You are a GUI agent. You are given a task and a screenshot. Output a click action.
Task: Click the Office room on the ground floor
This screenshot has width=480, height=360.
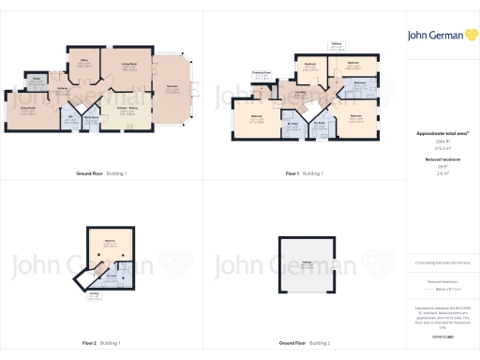83,65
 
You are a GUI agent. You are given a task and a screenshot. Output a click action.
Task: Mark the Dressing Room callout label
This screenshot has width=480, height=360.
262,72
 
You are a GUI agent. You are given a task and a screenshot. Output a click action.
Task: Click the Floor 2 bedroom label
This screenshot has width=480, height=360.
110,242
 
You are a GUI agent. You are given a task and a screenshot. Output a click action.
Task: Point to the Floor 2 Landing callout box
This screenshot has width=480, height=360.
94,294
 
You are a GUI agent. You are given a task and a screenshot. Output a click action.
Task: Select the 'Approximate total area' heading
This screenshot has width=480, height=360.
442,134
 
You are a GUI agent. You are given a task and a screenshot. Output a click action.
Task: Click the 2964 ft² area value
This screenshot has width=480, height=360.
441,142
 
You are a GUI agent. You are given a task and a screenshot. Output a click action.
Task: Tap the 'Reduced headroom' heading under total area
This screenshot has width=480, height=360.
441,160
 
